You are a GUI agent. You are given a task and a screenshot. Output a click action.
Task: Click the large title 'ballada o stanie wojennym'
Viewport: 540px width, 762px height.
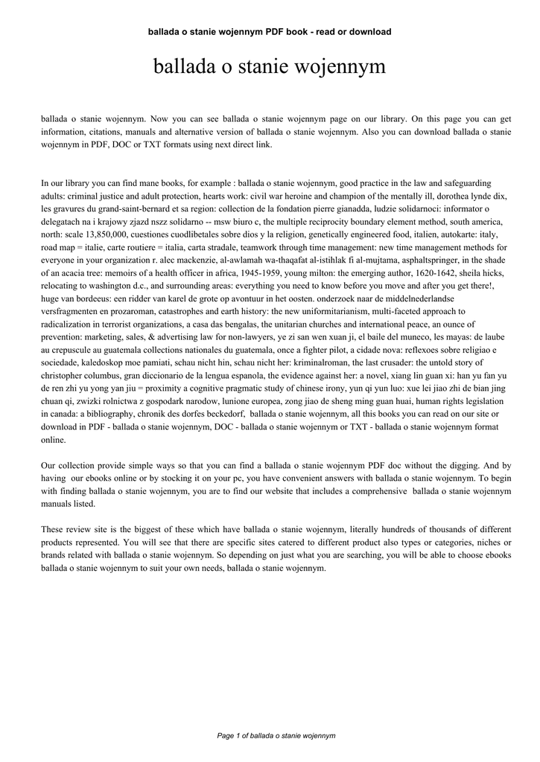point(270,68)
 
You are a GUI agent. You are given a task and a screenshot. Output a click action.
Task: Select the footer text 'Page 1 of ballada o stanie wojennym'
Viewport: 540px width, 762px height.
point(276,735)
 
